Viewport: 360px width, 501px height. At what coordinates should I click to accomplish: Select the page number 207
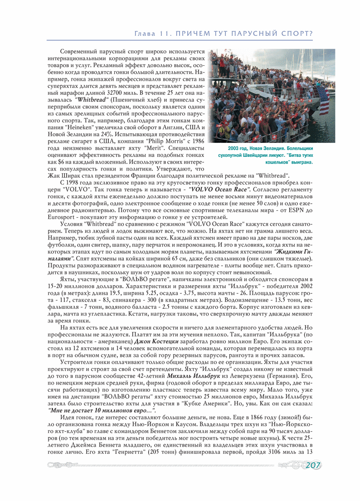313,465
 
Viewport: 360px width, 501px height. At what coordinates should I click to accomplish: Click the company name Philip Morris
149,141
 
